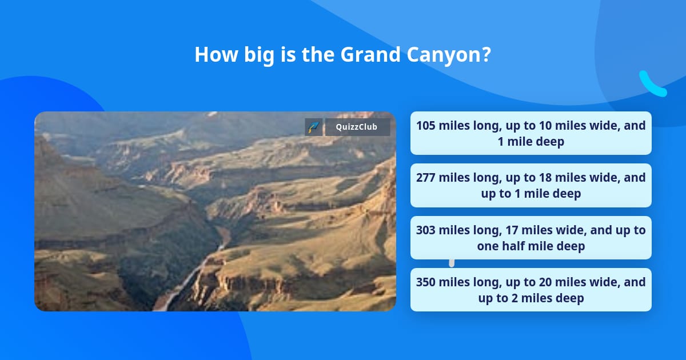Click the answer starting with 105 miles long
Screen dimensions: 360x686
click(531, 133)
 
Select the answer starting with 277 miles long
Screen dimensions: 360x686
click(531, 186)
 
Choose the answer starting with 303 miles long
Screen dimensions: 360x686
click(531, 238)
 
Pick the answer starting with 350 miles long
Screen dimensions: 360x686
click(531, 290)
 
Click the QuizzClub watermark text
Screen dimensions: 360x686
click(357, 127)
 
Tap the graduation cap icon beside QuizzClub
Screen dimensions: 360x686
click(313, 127)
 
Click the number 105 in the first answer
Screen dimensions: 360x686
click(426, 126)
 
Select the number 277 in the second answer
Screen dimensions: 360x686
click(426, 178)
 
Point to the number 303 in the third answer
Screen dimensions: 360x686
click(426, 230)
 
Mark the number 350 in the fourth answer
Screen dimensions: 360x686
click(426, 282)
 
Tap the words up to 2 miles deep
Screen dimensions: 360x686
click(531, 298)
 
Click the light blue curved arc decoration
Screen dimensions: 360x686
click(652, 85)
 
